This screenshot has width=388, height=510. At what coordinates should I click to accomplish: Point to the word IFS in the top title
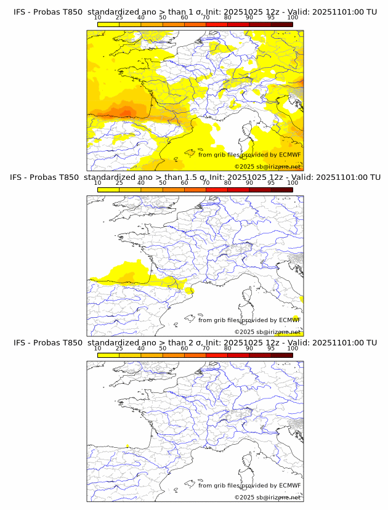tap(21, 12)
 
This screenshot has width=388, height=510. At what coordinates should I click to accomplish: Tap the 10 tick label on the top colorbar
tap(97, 18)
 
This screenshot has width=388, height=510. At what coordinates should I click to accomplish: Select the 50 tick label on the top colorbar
tap(163, 18)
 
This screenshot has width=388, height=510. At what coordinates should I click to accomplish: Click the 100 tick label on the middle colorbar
tap(293, 183)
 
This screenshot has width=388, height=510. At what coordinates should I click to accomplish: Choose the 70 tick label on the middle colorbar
tap(206, 183)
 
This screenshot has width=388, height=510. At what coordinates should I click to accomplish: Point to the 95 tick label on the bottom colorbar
tap(271, 348)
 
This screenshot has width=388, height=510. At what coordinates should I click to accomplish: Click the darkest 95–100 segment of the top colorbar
tap(281, 24)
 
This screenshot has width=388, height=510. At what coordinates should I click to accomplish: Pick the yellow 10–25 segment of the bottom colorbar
tap(108, 355)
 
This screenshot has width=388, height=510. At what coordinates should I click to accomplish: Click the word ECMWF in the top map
tap(289, 155)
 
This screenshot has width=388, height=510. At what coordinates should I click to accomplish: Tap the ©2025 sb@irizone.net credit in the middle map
tap(267, 331)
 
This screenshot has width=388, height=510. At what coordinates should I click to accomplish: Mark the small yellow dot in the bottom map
tap(127, 446)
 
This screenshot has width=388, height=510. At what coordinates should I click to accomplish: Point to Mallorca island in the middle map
tap(190, 318)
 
